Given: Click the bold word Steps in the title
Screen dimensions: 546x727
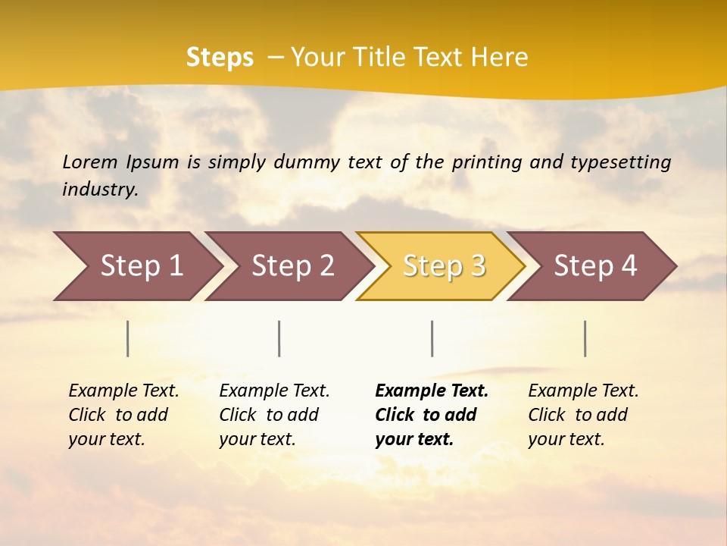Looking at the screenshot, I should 220,58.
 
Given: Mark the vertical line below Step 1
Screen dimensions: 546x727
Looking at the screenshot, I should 128,338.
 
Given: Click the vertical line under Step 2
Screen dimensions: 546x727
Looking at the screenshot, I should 279,338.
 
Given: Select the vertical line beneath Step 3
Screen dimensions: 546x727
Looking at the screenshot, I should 432,338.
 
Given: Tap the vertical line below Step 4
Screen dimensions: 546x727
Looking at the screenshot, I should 585,338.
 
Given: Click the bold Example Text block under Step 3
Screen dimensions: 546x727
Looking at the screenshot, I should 432,415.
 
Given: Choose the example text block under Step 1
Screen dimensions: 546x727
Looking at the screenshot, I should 123,415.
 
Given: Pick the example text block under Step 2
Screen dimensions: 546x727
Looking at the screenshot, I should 274,415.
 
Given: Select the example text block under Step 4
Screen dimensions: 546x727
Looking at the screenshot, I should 583,415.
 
